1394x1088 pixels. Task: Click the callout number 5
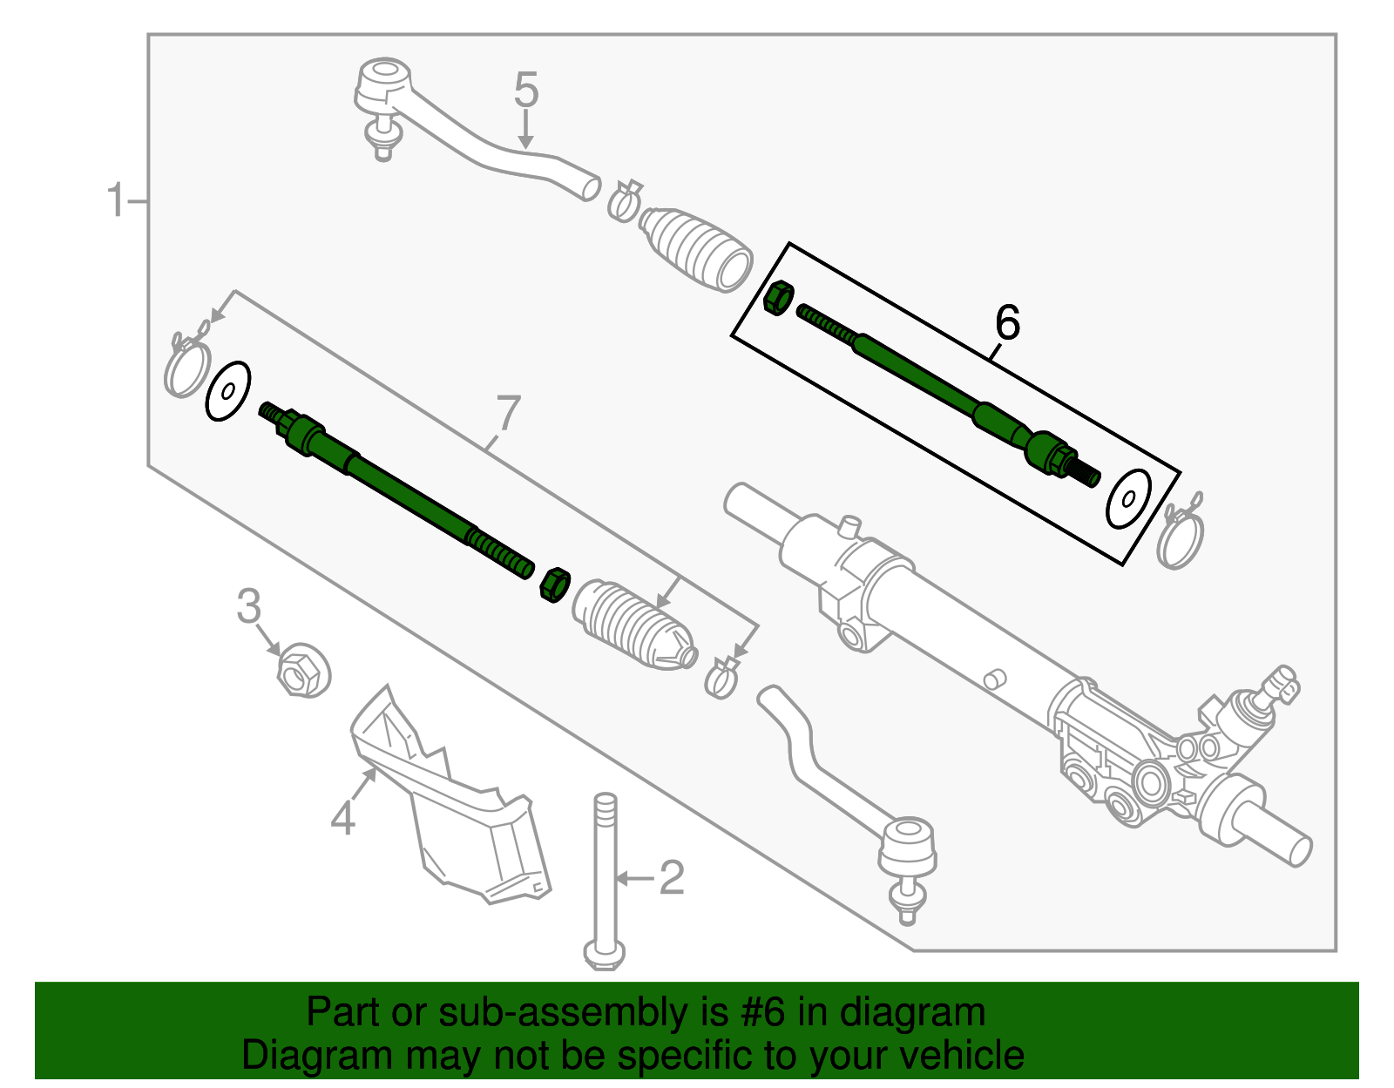526,90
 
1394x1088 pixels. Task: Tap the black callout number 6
1006,323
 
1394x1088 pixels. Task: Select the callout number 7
507,413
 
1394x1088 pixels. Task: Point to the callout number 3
249,606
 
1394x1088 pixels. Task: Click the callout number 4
343,818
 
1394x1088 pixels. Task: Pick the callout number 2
672,878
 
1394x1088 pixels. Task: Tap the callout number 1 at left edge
116,200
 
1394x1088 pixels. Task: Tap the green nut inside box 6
777,298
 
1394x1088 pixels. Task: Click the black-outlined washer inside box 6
1128,498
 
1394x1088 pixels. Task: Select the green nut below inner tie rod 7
554,584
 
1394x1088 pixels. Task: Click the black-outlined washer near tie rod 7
228,390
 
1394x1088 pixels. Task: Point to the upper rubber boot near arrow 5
697,247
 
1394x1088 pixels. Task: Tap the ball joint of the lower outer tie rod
907,845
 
